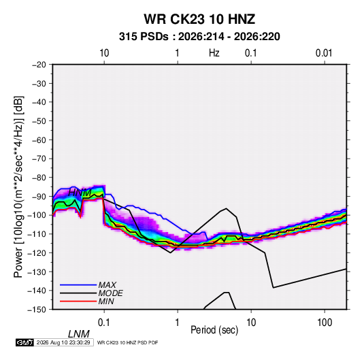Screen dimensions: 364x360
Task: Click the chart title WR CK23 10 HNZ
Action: pyautogui.click(x=199, y=19)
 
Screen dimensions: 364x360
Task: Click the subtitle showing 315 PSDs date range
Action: pyautogui.click(x=199, y=37)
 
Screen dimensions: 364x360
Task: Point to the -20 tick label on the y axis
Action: pyautogui.click(x=39, y=65)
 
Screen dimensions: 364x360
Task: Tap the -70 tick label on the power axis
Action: pyautogui.click(x=39, y=159)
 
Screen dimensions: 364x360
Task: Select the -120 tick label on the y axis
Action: pyautogui.click(x=37, y=253)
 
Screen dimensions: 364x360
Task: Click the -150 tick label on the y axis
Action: pyautogui.click(x=37, y=310)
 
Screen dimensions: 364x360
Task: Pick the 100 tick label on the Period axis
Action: pyautogui.click(x=325, y=323)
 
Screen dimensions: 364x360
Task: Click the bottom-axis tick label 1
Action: pyautogui.click(x=178, y=323)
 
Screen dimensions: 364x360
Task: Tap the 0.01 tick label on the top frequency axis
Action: pyautogui.click(x=324, y=53)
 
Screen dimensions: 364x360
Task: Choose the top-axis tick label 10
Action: pyautogui.click(x=104, y=53)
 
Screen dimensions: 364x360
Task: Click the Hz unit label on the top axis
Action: pyautogui.click(x=214, y=53)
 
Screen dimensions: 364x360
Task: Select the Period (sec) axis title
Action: pyautogui.click(x=214, y=330)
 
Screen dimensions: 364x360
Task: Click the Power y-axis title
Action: pyautogui.click(x=18, y=186)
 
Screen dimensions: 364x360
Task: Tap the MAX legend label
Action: pyautogui.click(x=107, y=285)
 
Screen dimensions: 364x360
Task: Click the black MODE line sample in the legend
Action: pyautogui.click(x=78, y=293)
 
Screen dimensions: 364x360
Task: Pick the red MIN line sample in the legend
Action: pyautogui.click(x=78, y=301)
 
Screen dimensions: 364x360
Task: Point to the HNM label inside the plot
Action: pyautogui.click(x=80, y=193)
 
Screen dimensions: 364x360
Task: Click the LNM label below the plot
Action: pyautogui.click(x=79, y=334)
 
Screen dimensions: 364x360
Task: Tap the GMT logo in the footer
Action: pyautogui.click(x=25, y=342)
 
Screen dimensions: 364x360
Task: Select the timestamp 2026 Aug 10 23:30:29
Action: pyautogui.click(x=63, y=342)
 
